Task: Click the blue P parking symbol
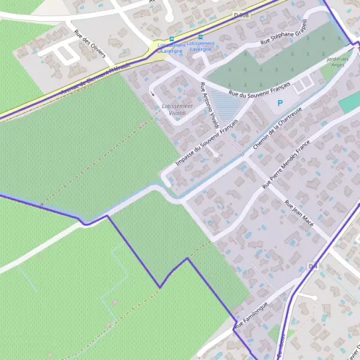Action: (x=280, y=103)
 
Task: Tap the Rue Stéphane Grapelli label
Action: (x=284, y=34)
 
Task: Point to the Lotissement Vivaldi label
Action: (x=174, y=109)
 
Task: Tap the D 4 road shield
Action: (x=312, y=266)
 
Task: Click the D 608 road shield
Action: (x=241, y=14)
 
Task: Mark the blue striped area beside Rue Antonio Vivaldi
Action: (x=225, y=106)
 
